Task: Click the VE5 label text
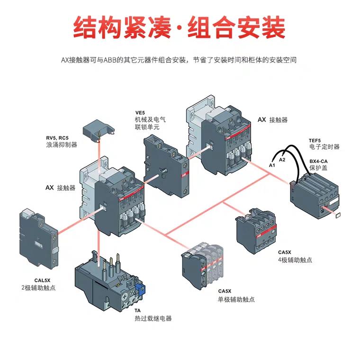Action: tap(140, 112)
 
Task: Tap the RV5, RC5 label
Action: tap(59, 137)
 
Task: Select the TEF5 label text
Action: tap(315, 140)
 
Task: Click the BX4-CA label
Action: tap(319, 161)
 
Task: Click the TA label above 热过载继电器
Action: tap(137, 311)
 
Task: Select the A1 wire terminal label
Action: tap(271, 165)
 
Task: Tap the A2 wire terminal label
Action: tap(282, 160)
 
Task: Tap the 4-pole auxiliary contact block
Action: tap(256, 230)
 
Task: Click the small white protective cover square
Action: tap(338, 216)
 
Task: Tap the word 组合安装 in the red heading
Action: tap(237, 27)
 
